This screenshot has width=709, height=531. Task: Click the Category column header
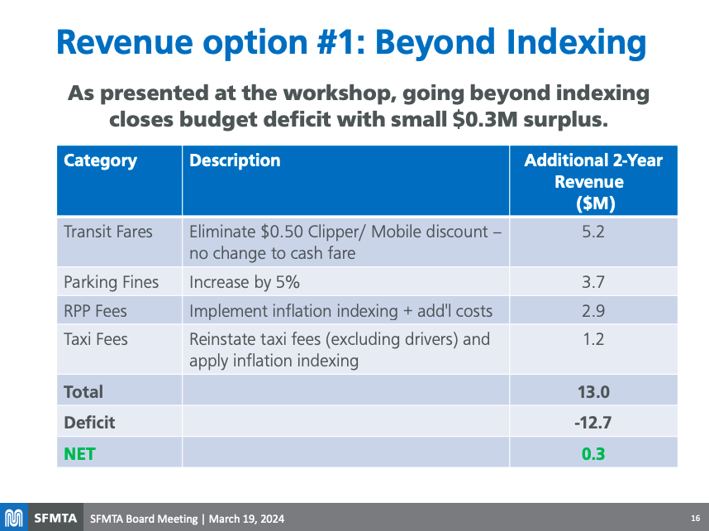click(101, 160)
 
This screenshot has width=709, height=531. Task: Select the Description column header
click(235, 160)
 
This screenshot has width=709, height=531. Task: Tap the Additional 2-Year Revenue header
click(593, 181)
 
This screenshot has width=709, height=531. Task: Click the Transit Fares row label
click(108, 232)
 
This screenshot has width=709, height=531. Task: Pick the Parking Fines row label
click(112, 282)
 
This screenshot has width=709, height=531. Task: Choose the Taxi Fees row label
click(96, 339)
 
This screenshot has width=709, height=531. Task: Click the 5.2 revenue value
click(593, 232)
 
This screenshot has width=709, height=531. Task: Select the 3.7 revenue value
click(593, 282)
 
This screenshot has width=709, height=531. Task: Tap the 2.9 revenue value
click(593, 311)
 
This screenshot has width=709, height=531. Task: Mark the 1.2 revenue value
click(593, 339)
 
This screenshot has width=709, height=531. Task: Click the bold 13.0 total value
click(593, 392)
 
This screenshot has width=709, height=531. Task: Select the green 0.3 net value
click(593, 453)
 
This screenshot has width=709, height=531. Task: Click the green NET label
click(79, 453)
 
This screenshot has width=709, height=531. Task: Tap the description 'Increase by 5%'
click(245, 282)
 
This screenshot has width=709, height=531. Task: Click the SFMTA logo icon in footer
click(14, 519)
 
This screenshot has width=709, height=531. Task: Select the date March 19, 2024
click(246, 519)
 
